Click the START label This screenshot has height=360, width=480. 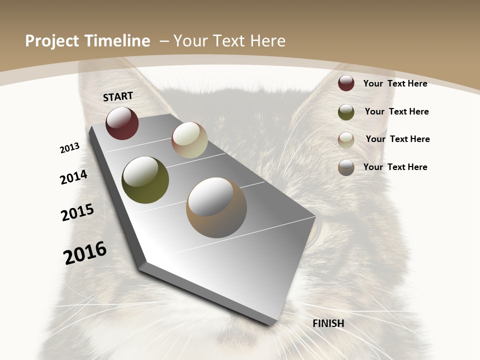click(x=118, y=96)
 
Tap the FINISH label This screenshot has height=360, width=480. click(x=328, y=323)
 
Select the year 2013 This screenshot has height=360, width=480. click(x=70, y=148)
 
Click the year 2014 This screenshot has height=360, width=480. click(x=74, y=177)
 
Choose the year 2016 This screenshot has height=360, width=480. click(x=85, y=253)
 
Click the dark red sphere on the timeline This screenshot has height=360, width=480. click(x=122, y=123)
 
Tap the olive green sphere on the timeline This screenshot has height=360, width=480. click(x=145, y=180)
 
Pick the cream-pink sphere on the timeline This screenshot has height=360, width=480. click(x=189, y=140)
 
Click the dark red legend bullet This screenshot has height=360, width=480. click(x=346, y=83)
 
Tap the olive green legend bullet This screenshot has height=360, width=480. click(x=346, y=112)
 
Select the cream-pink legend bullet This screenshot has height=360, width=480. click(x=346, y=140)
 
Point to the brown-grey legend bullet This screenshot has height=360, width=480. click(x=346, y=167)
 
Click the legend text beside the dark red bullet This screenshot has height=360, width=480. click(x=395, y=83)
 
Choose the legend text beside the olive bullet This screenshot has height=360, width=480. click(x=396, y=111)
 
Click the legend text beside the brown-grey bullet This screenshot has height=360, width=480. click(x=395, y=167)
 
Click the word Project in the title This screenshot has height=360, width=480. click(x=53, y=41)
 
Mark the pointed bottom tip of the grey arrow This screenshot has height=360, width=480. click(x=270, y=324)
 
